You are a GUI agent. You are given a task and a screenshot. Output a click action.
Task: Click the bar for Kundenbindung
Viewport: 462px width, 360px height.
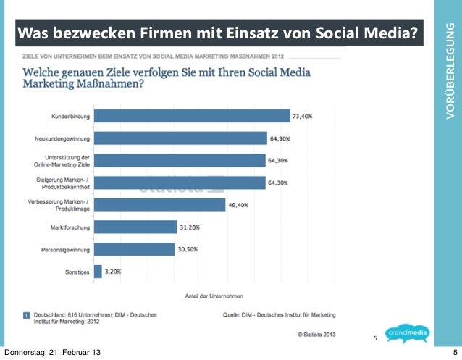pyautogui.click(x=192, y=116)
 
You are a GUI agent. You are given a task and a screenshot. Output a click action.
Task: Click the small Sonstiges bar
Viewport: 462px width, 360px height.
pyautogui.click(x=98, y=272)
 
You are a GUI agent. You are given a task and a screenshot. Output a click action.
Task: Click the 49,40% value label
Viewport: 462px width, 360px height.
pyautogui.click(x=238, y=205)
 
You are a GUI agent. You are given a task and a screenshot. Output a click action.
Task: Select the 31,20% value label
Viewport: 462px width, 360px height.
pyautogui.click(x=190, y=227)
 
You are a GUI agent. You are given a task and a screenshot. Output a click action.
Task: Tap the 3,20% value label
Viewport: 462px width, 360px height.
pyautogui.click(x=112, y=272)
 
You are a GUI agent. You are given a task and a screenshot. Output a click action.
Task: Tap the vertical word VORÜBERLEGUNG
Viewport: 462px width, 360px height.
pyautogui.click(x=449, y=72)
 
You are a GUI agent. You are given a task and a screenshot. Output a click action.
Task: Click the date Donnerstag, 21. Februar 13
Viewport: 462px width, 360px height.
pyautogui.click(x=52, y=353)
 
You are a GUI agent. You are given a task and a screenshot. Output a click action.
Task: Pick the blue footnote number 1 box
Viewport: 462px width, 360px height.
pyautogui.click(x=25, y=314)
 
